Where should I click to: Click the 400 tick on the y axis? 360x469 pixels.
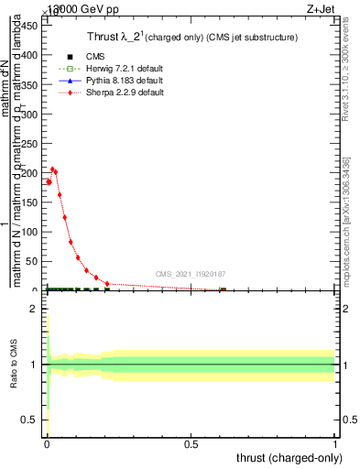[x=31, y=54]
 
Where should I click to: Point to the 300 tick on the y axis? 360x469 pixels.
[x=31, y=114]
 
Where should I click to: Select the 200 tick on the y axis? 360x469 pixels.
[x=31, y=172]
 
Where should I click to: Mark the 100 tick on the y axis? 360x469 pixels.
[x=31, y=232]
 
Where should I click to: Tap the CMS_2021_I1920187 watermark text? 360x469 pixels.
[x=191, y=273]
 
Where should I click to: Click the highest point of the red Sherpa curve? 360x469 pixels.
[x=53, y=169]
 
